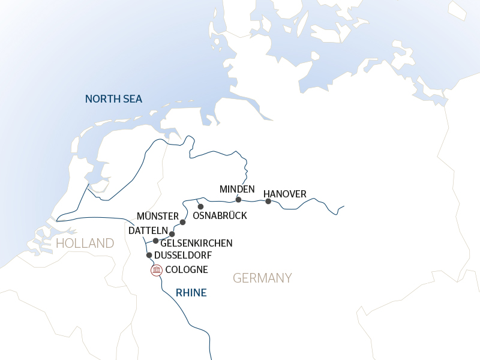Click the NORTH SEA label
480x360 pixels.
pyautogui.click(x=113, y=99)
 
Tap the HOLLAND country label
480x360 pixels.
pyautogui.click(x=85, y=243)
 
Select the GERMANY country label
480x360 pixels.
pyautogui.click(x=262, y=278)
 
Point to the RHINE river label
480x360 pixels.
pyautogui.click(x=191, y=293)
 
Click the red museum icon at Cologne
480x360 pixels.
pyautogui.click(x=157, y=270)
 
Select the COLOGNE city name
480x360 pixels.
pyautogui.click(x=187, y=270)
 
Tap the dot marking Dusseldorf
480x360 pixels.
pyautogui.click(x=149, y=255)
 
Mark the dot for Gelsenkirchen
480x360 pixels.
pyautogui.click(x=156, y=241)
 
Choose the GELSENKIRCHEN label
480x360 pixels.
pyautogui.click(x=196, y=243)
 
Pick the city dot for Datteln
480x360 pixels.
pyautogui.click(x=172, y=234)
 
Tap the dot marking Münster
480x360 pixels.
pyautogui.click(x=183, y=222)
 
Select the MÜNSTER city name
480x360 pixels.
pyautogui.click(x=158, y=216)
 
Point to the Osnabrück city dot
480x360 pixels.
pyautogui.click(x=201, y=206)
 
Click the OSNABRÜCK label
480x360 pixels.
pyautogui.click(x=220, y=215)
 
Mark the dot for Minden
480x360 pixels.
pyautogui.click(x=238, y=200)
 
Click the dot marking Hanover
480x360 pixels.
pyautogui.click(x=268, y=201)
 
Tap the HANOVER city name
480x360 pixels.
pyautogui.click(x=285, y=194)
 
